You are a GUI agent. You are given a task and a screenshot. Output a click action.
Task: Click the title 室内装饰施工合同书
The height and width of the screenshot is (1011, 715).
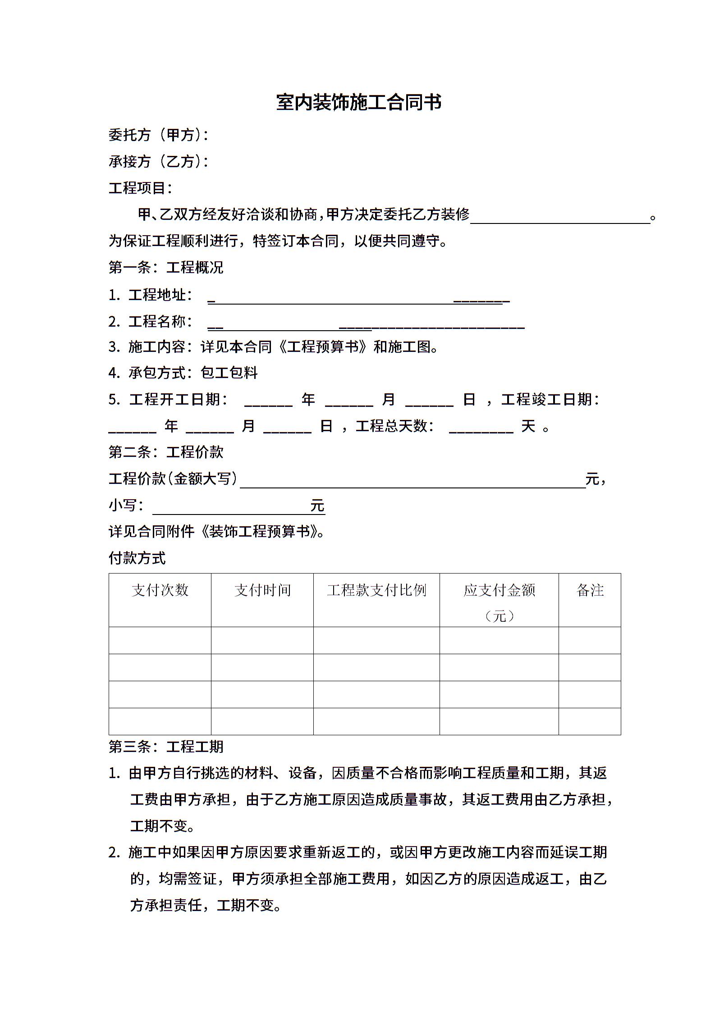(358, 103)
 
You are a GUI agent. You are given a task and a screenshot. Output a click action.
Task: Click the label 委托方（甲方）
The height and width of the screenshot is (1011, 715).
(158, 135)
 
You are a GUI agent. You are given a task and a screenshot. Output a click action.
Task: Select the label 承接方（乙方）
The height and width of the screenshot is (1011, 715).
(158, 161)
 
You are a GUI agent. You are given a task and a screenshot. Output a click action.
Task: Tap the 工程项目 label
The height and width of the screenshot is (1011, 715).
(140, 188)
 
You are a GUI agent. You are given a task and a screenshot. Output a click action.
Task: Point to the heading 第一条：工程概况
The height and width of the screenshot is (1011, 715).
(166, 267)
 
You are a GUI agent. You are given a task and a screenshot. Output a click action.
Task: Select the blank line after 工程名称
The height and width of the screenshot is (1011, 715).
(366, 325)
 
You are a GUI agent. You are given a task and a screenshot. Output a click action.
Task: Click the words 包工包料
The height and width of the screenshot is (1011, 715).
(229, 373)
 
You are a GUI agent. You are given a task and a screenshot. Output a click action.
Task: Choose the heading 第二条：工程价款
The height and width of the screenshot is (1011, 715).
(166, 452)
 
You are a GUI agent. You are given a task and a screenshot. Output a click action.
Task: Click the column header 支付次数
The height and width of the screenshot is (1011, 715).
(160, 590)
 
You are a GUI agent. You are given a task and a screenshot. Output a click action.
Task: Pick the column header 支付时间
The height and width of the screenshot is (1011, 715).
(262, 590)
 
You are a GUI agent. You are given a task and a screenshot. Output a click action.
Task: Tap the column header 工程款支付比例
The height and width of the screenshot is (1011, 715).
(376, 590)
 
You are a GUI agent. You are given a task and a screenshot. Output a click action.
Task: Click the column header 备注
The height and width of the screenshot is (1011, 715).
(590, 590)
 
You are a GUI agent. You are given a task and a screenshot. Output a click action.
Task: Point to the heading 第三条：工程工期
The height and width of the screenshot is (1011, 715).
(166, 747)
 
